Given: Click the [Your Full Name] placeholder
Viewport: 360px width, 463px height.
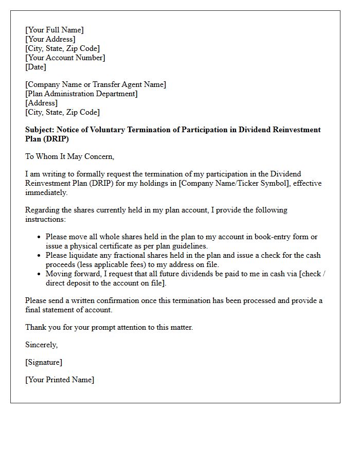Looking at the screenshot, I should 55,30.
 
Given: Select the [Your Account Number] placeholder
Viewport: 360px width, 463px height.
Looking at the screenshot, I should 65,58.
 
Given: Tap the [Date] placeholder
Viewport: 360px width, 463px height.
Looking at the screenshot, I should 36,67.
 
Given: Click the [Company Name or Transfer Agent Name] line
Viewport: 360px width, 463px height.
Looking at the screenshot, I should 96,84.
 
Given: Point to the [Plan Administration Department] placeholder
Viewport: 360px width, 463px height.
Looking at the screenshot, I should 81,94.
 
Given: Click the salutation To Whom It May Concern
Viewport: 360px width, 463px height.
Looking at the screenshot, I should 70,156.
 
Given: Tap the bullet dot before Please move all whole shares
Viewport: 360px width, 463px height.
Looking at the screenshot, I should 40,237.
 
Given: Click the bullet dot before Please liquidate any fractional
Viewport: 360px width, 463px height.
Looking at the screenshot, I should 40,256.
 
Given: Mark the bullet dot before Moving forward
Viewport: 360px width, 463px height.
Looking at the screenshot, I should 40,274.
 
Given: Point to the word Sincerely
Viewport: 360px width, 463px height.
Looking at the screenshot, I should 42,345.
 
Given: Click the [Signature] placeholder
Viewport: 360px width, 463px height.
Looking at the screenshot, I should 44,362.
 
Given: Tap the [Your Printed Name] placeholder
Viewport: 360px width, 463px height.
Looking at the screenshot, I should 60,380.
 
